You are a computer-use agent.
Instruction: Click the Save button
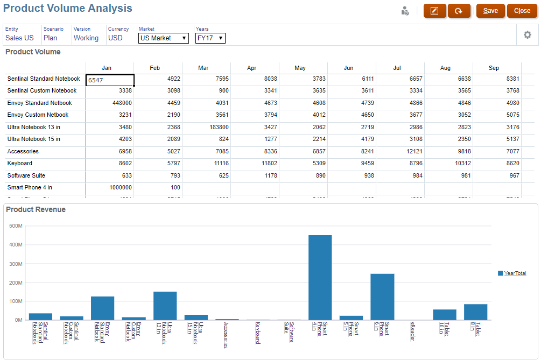tap(490, 11)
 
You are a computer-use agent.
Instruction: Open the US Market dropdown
tap(164, 38)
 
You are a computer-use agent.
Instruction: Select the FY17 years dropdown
tap(210, 38)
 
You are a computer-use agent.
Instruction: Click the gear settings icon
tap(528, 35)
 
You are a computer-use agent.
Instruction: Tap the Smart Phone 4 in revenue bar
tap(320, 277)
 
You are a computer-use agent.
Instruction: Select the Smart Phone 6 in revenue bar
tap(382, 297)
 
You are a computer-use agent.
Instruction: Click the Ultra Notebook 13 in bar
tap(165, 306)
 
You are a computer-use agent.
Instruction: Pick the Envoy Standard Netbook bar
tap(102, 308)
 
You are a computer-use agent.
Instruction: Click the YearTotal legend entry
tap(515, 273)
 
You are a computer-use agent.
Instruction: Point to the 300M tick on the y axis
tap(16, 264)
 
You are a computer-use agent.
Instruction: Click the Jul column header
tap(397, 68)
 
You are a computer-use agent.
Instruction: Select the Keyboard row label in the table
tap(20, 164)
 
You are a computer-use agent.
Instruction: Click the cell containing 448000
tap(110, 103)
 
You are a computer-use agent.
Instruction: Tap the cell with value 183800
tap(207, 127)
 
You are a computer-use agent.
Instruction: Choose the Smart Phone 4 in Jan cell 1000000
tap(110, 188)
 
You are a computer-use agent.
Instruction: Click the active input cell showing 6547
tap(110, 80)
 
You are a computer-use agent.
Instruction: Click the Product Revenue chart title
tap(36, 209)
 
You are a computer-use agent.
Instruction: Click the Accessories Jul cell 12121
tap(401, 151)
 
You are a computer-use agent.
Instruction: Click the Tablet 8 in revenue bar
tap(475, 312)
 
